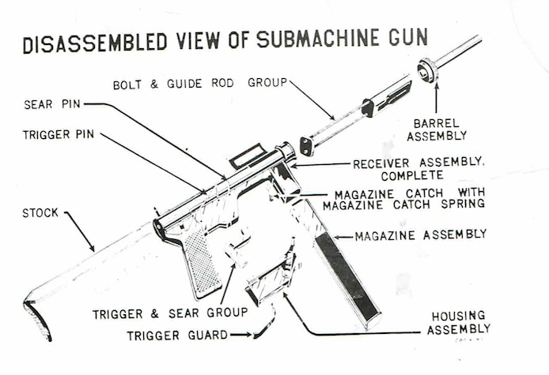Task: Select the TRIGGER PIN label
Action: tap(58, 134)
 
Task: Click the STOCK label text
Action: tap(40, 212)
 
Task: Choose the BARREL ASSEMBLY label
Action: tap(435, 130)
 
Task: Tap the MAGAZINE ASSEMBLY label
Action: tap(420, 234)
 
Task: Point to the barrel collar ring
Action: tap(429, 71)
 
